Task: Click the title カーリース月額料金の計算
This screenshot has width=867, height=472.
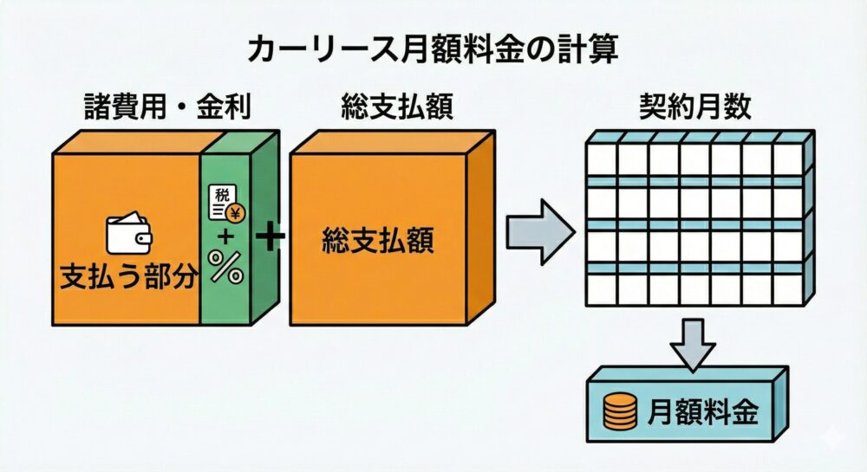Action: point(433,50)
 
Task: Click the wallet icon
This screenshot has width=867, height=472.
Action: point(128,232)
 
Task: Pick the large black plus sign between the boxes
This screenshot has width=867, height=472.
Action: point(271,236)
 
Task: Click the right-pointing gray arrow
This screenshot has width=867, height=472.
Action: point(539,231)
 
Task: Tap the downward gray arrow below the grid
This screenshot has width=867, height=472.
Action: point(693,342)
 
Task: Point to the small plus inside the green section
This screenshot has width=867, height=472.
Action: point(226,236)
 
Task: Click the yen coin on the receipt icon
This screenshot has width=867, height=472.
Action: point(232,210)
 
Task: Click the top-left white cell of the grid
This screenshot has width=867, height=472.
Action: point(602,159)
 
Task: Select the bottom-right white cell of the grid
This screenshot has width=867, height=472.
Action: point(787,290)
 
